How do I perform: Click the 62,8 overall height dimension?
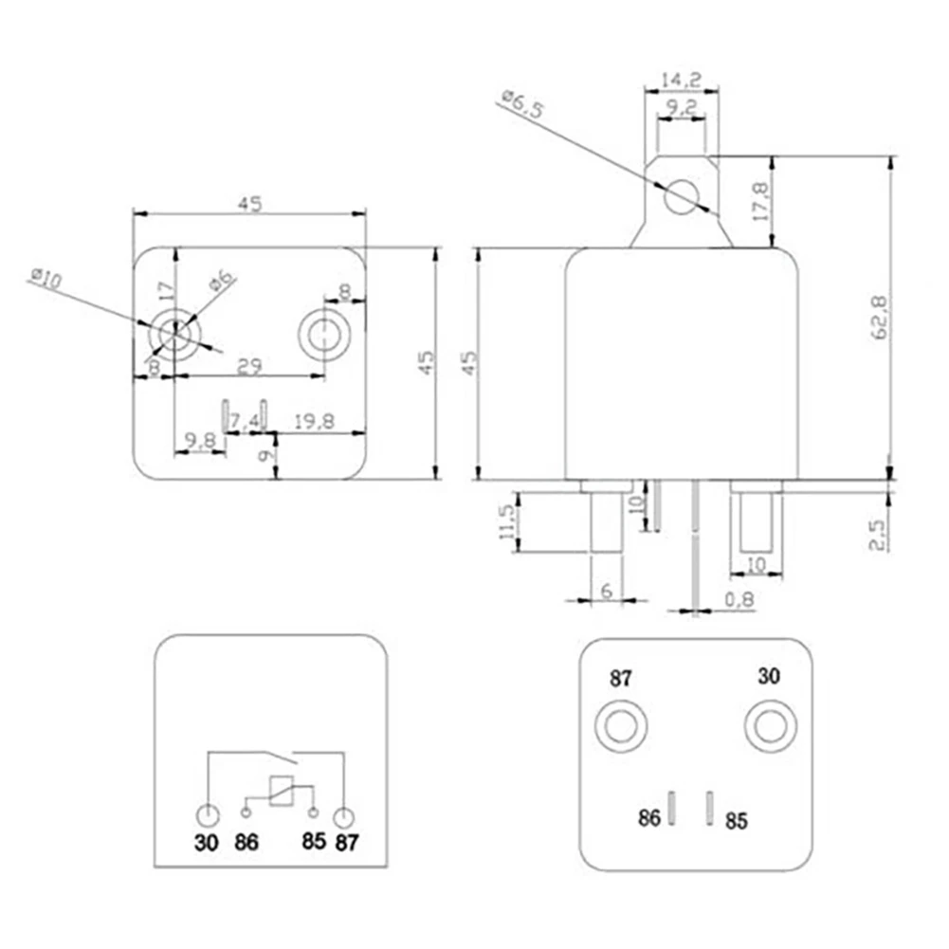click(x=881, y=317)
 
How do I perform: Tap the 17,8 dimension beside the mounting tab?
click(x=760, y=202)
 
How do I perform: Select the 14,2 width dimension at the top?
click(x=681, y=80)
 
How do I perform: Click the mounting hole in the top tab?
click(x=682, y=196)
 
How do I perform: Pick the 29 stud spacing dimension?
click(x=249, y=366)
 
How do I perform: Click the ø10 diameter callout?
click(x=46, y=279)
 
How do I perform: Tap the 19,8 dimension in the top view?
click(x=314, y=421)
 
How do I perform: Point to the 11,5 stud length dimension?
click(x=507, y=521)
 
